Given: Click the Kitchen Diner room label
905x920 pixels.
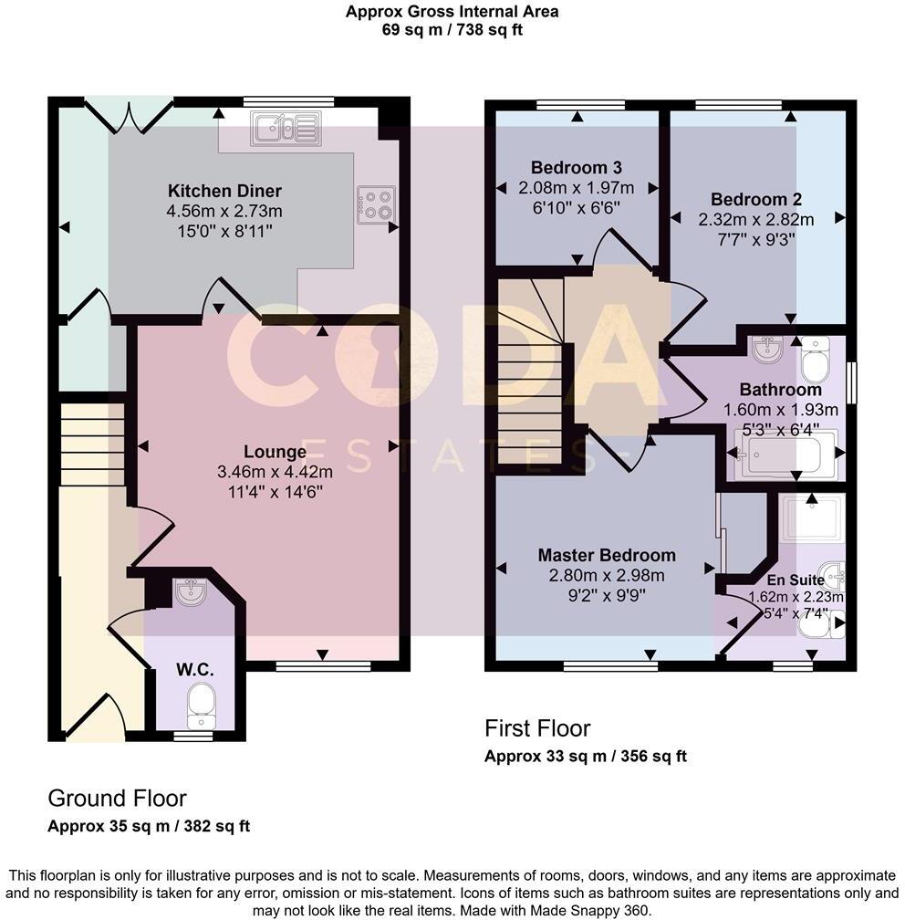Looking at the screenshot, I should (x=224, y=191).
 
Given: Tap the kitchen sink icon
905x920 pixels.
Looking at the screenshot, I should (x=286, y=129).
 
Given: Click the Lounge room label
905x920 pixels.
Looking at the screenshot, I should (x=275, y=452).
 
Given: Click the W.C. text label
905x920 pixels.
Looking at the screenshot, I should (x=195, y=670).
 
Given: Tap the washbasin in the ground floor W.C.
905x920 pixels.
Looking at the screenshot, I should (x=190, y=591).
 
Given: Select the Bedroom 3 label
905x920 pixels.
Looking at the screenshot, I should (x=577, y=168).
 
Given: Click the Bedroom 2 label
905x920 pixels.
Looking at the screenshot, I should (x=756, y=200).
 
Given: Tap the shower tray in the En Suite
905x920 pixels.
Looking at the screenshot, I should (x=813, y=520).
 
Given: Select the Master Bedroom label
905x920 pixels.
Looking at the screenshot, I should (x=607, y=555).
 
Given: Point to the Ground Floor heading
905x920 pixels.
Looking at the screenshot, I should (x=117, y=799).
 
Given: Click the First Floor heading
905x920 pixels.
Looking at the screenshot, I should (x=537, y=728).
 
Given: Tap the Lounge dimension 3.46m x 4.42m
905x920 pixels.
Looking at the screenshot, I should (x=275, y=472).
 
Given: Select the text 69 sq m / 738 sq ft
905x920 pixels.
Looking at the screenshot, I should (x=452, y=29).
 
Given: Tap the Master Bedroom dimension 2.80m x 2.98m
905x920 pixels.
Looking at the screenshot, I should (x=607, y=575).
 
